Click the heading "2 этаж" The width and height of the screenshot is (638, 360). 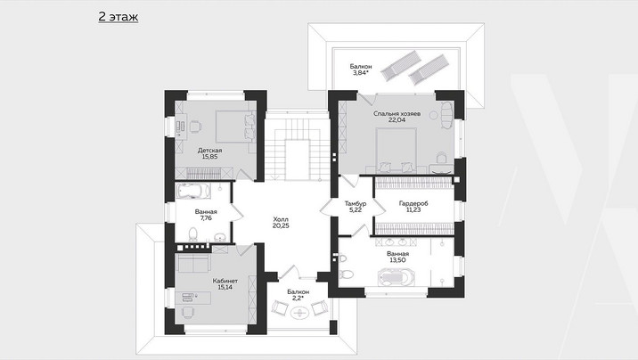[x=118, y=17]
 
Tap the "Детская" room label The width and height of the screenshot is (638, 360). [x=210, y=151]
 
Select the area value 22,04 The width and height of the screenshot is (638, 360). [x=397, y=120]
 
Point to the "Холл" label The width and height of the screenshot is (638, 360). [x=281, y=219]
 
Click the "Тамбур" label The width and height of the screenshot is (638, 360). [x=356, y=203]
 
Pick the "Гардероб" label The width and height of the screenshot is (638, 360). [x=413, y=203]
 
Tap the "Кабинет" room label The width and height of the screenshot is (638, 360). [x=225, y=281]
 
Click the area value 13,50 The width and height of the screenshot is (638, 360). [x=397, y=260]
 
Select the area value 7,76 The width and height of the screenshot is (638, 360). [x=206, y=218]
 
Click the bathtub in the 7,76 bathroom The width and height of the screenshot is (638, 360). [x=193, y=192]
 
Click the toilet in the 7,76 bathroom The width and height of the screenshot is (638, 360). [x=192, y=234]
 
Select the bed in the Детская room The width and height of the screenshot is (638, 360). [x=235, y=127]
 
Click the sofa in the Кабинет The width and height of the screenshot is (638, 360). [x=193, y=264]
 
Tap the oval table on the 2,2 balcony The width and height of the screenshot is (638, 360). [x=299, y=313]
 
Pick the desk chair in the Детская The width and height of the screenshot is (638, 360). [x=195, y=127]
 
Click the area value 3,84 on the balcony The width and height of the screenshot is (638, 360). [x=361, y=73]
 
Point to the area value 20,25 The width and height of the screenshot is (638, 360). [x=281, y=225]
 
